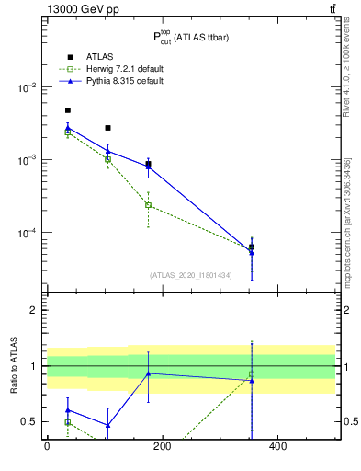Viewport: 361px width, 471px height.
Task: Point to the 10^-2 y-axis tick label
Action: [28, 87]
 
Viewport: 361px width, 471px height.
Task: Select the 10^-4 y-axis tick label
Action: [28, 233]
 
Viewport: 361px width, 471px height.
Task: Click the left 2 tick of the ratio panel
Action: [34, 310]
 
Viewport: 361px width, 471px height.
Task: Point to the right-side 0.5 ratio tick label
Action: [348, 421]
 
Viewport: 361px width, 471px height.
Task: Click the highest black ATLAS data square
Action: [67, 110]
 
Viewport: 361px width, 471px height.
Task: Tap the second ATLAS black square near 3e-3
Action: [107, 128]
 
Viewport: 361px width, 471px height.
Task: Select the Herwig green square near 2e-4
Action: [148, 205]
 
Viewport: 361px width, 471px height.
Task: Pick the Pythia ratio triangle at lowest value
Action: [107, 425]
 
